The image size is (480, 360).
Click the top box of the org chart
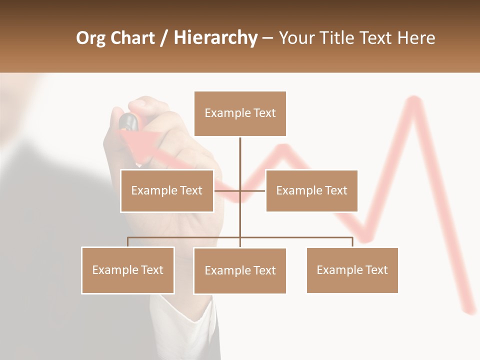[240, 113]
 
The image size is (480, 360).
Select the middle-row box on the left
[167, 190]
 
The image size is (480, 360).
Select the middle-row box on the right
[311, 190]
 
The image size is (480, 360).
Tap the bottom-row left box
[128, 270]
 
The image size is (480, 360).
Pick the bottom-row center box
[240, 270]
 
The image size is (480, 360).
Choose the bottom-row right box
[352, 270]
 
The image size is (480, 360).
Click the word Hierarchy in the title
[215, 38]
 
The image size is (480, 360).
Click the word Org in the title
[91, 38]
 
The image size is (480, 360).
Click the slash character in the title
[164, 38]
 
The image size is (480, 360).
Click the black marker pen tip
[128, 120]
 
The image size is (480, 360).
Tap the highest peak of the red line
[413, 100]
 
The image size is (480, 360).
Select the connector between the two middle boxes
[240, 190]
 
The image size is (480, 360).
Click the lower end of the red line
[470, 310]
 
